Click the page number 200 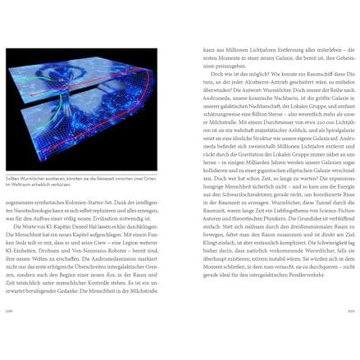click(11, 312)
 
